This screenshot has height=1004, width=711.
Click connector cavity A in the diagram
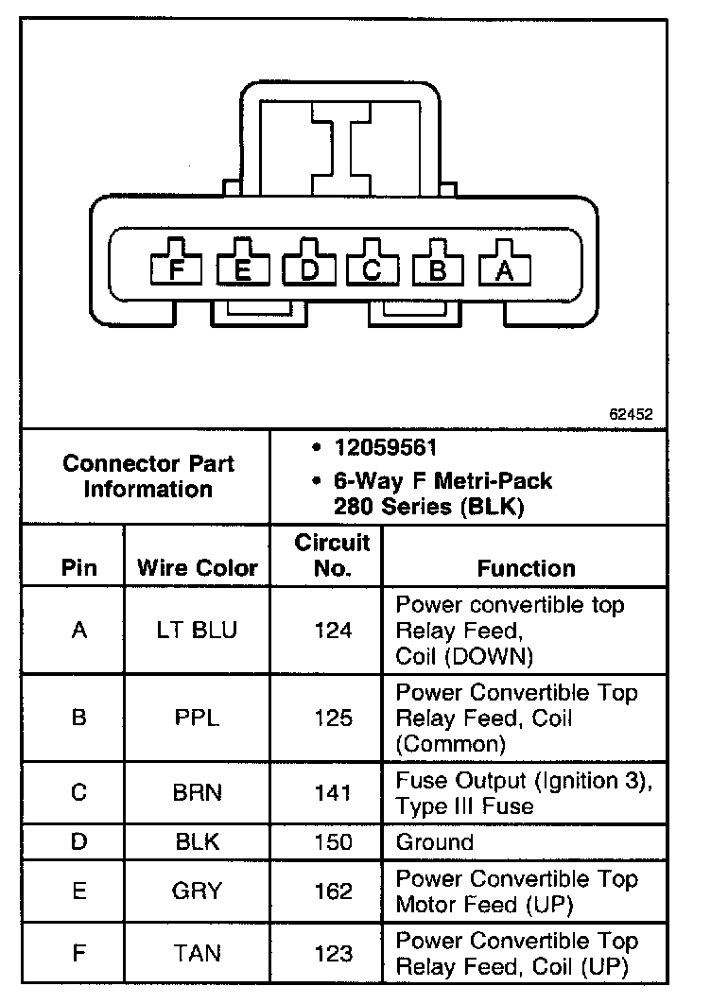point(505,269)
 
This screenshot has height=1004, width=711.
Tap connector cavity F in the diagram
point(177,269)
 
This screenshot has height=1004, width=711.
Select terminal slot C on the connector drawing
point(373,269)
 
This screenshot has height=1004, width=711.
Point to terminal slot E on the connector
point(243,269)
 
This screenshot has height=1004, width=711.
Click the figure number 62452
point(631,414)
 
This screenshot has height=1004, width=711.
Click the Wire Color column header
point(198,568)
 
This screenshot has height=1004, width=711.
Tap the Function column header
point(526,568)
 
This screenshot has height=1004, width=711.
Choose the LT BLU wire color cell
point(198,630)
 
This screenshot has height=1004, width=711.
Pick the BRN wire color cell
point(198,793)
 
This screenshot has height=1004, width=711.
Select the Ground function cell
point(435,842)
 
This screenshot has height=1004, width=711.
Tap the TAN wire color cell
point(198,954)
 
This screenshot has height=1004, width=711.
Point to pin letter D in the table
point(78,842)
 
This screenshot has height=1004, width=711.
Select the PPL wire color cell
point(198,718)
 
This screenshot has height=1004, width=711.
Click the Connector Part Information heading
point(148,476)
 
